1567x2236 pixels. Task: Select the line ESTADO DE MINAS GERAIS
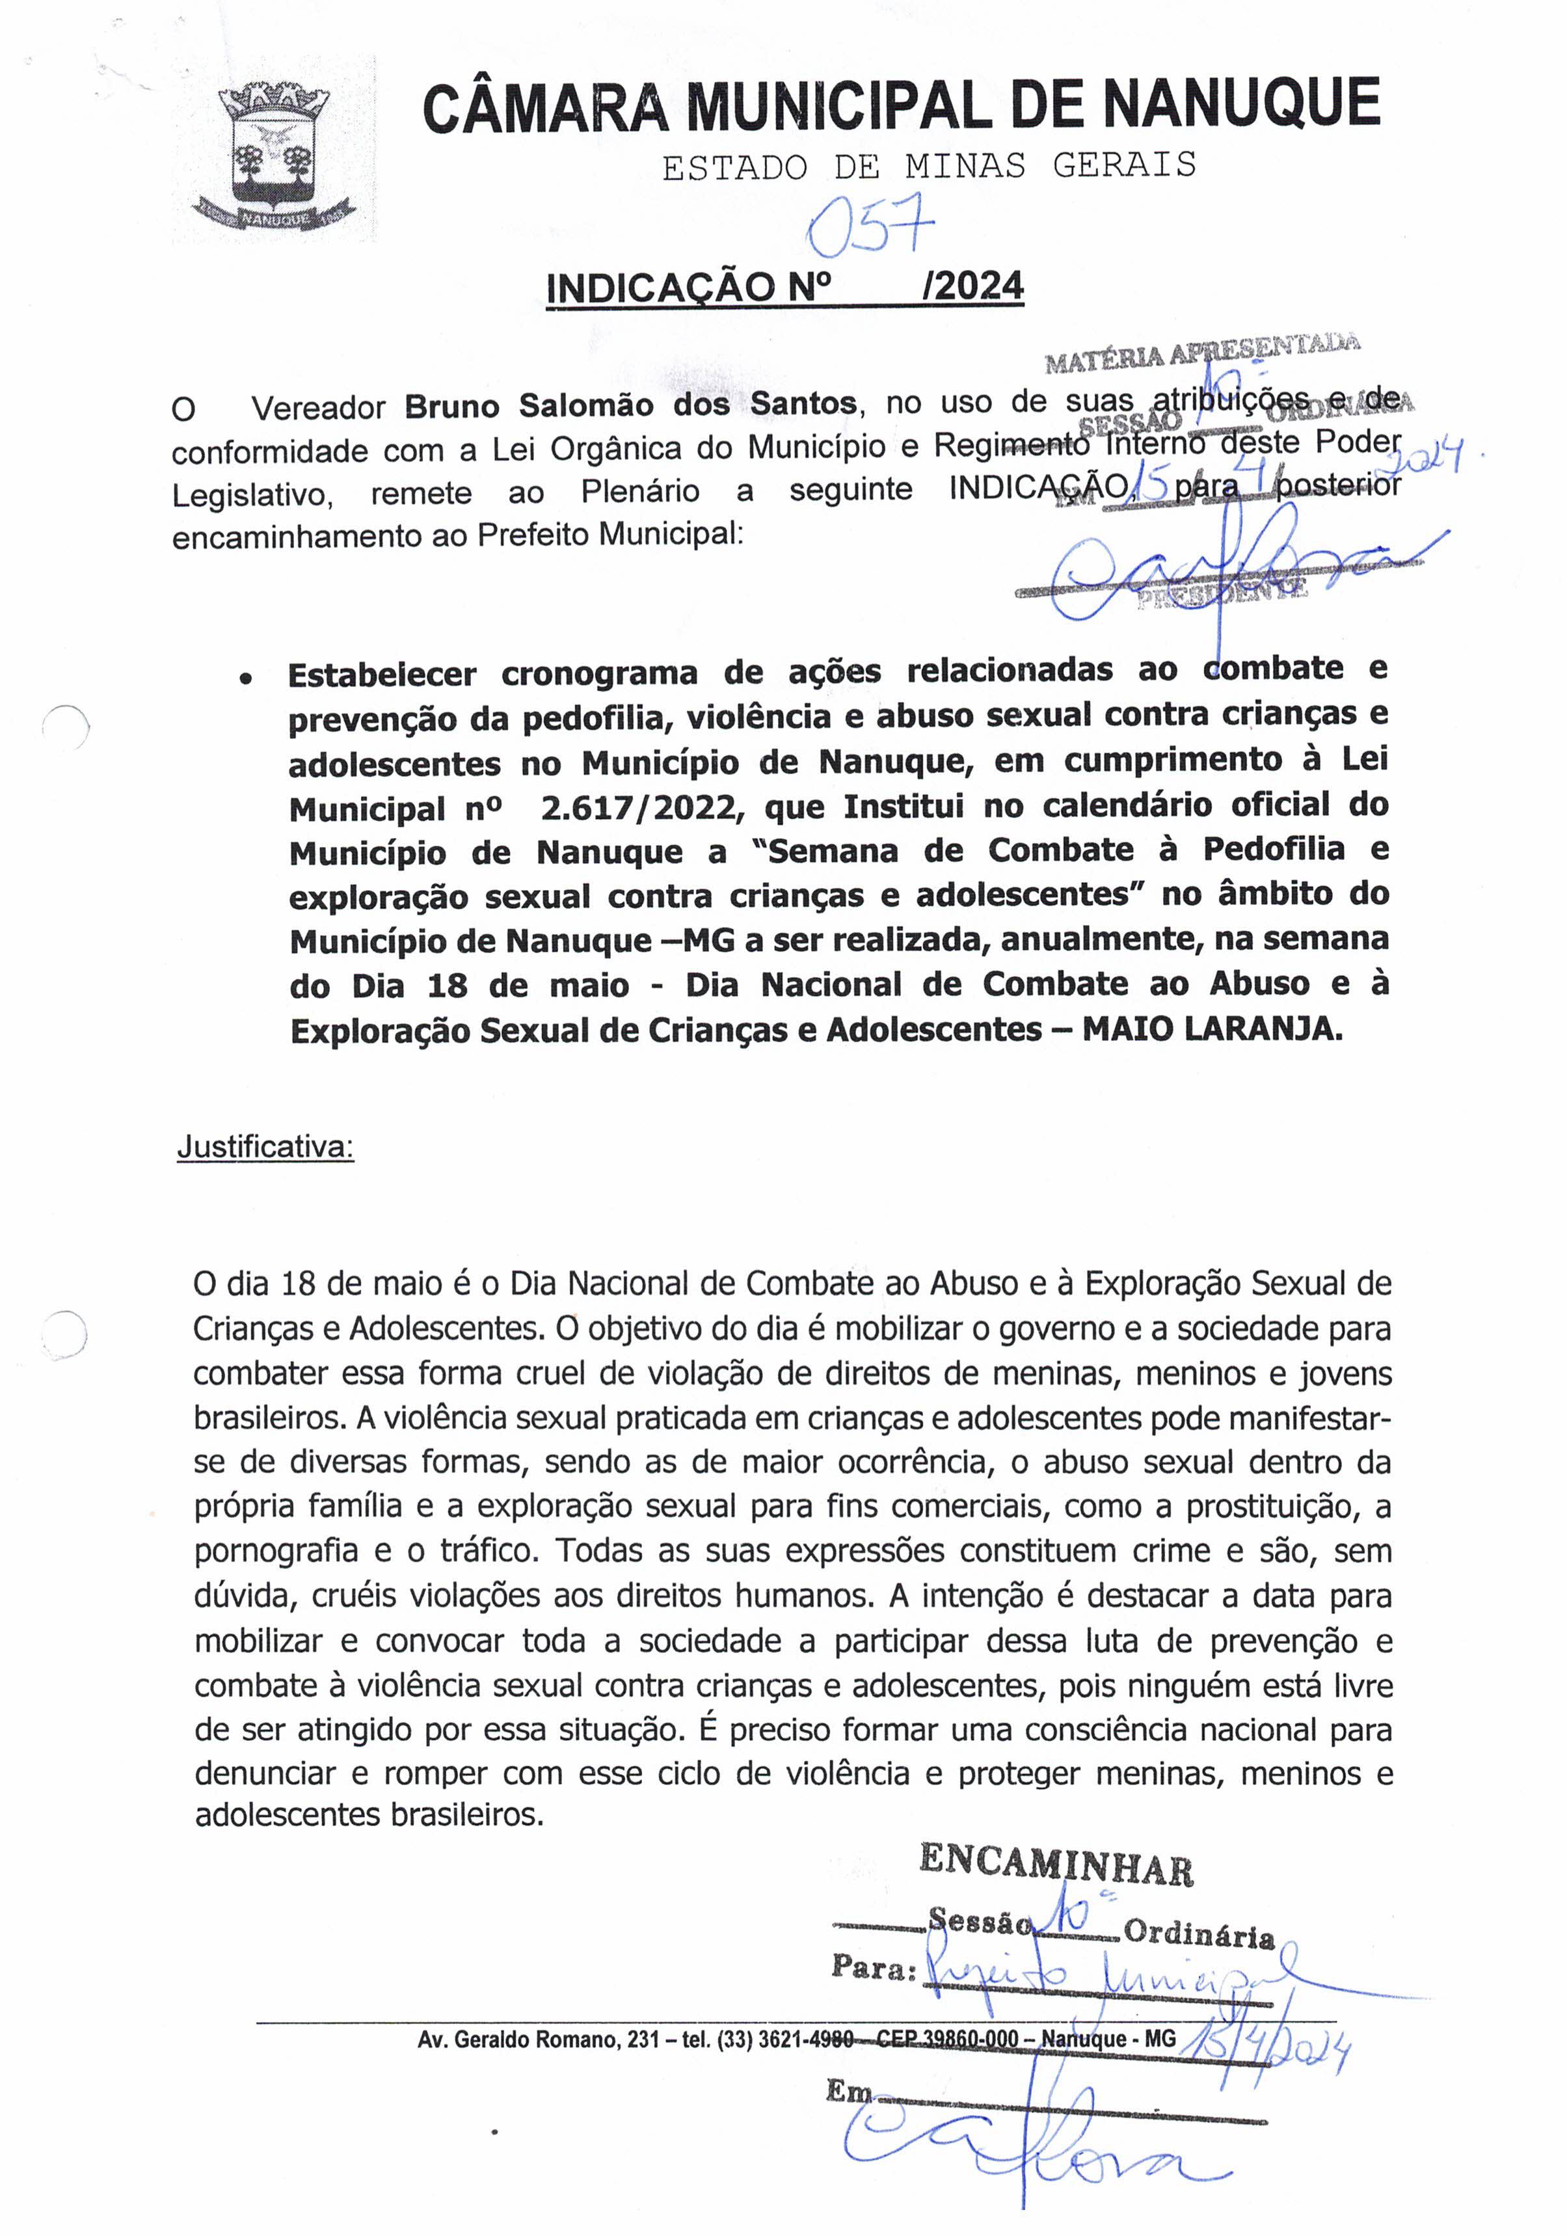928,167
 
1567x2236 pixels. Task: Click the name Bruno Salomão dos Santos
630,404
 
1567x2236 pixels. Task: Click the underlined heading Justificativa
265,1147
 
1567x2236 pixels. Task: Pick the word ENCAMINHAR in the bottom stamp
1056,1866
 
